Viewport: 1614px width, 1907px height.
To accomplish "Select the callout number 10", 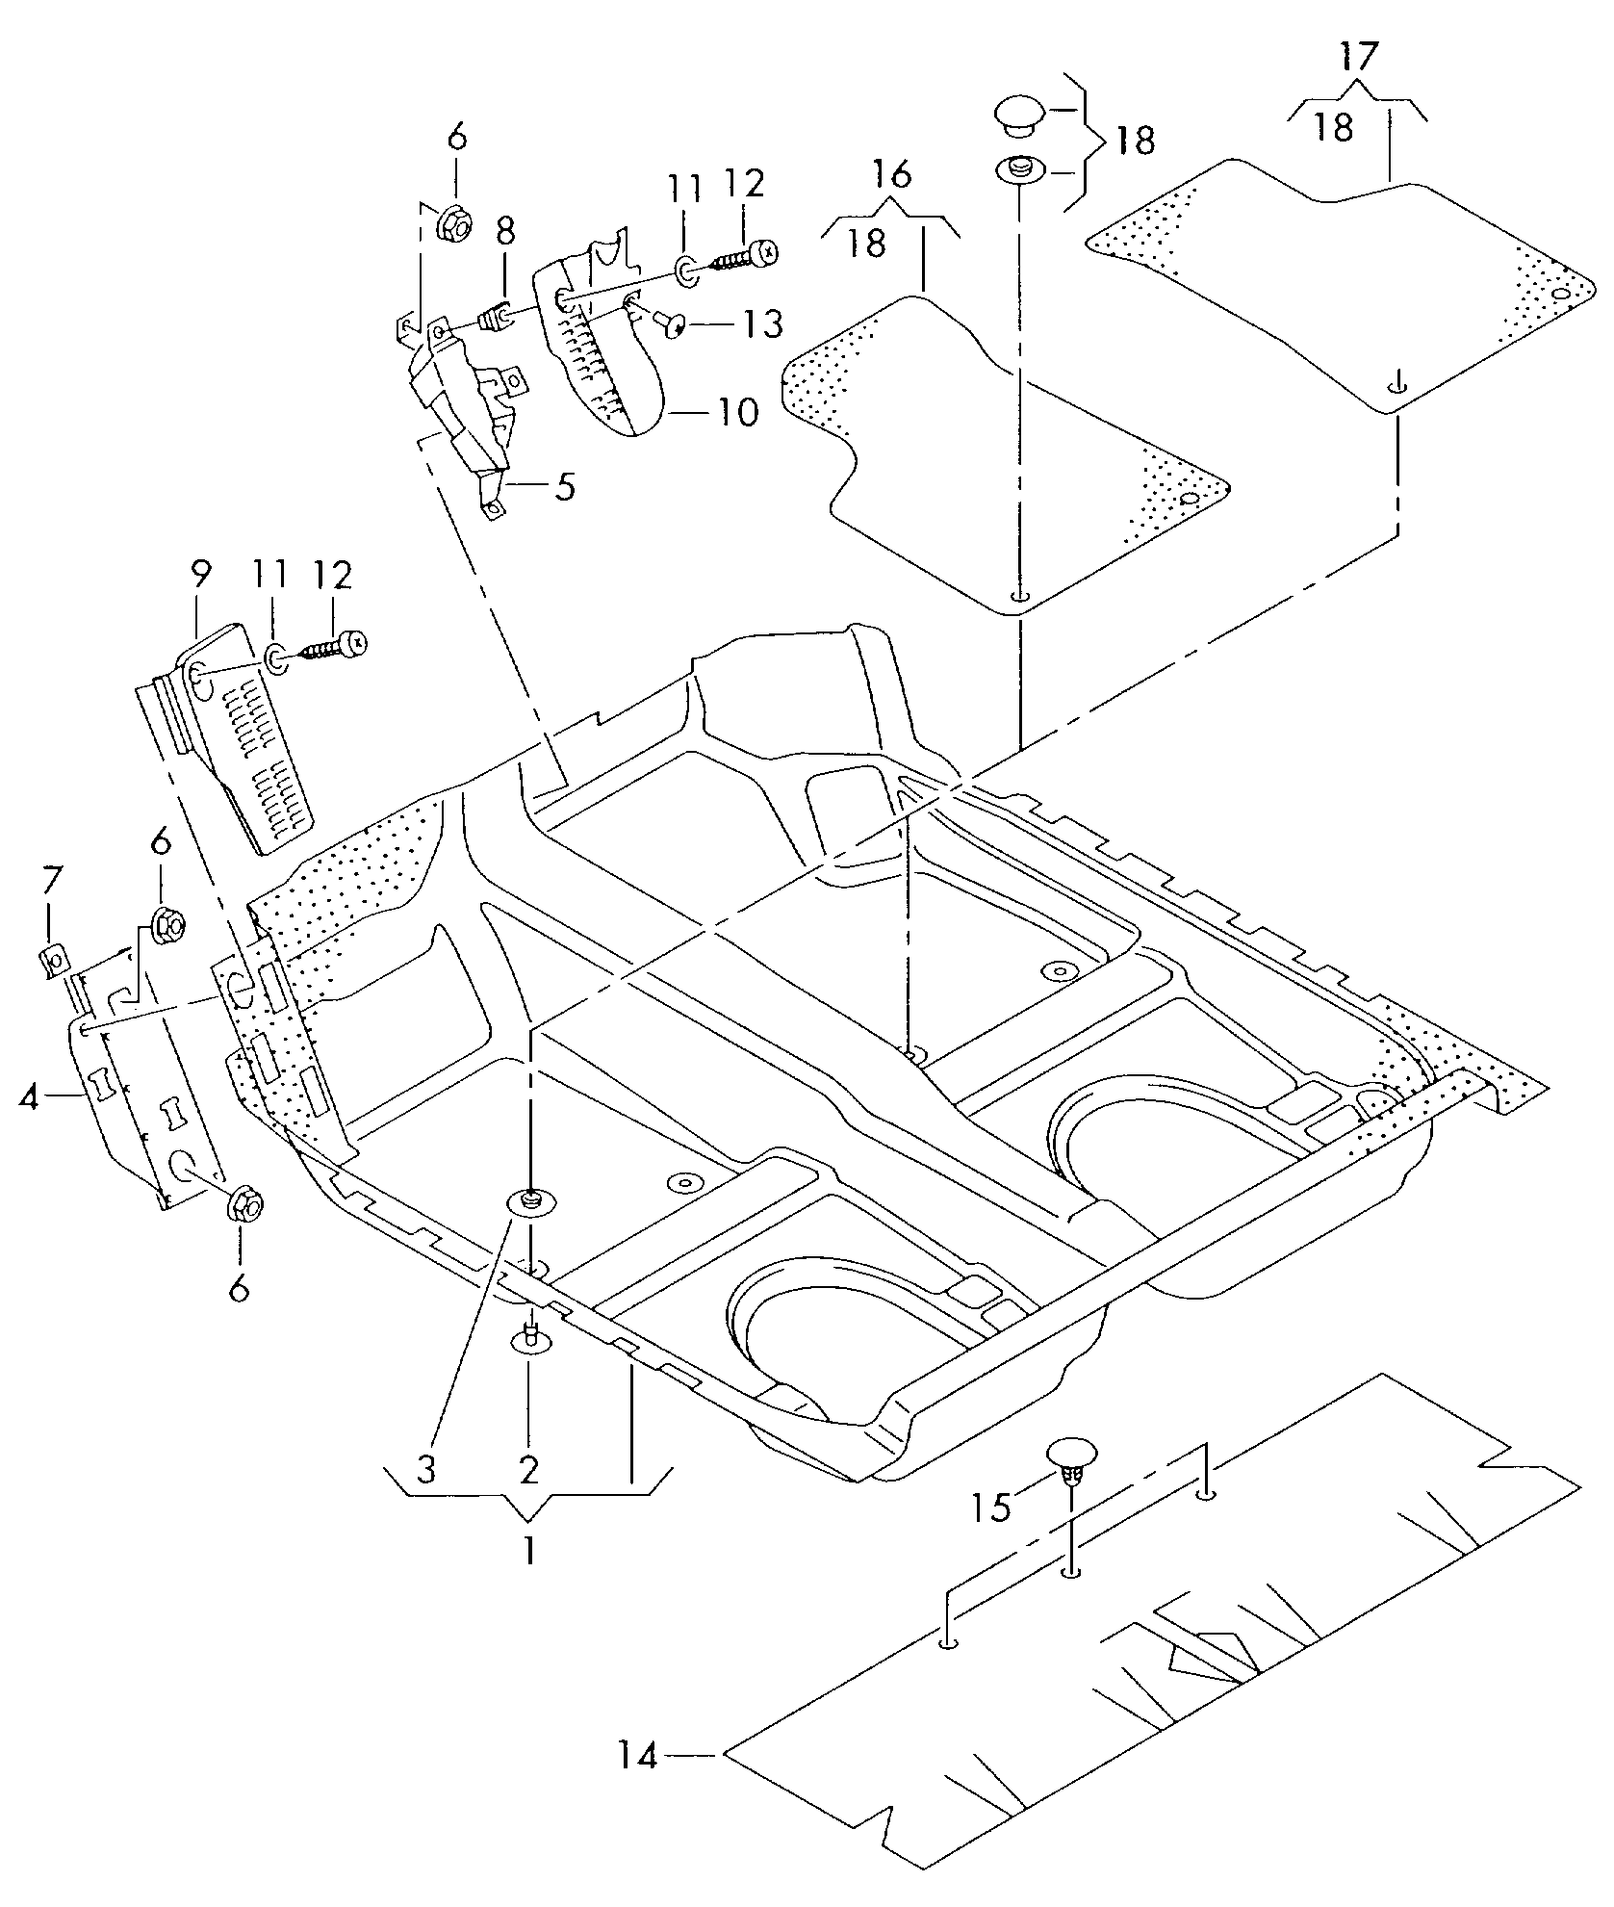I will (737, 413).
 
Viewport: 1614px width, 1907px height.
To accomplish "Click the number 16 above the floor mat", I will (892, 175).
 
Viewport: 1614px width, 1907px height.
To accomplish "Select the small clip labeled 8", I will (495, 316).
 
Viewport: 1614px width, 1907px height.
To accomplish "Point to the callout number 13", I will (762, 324).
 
